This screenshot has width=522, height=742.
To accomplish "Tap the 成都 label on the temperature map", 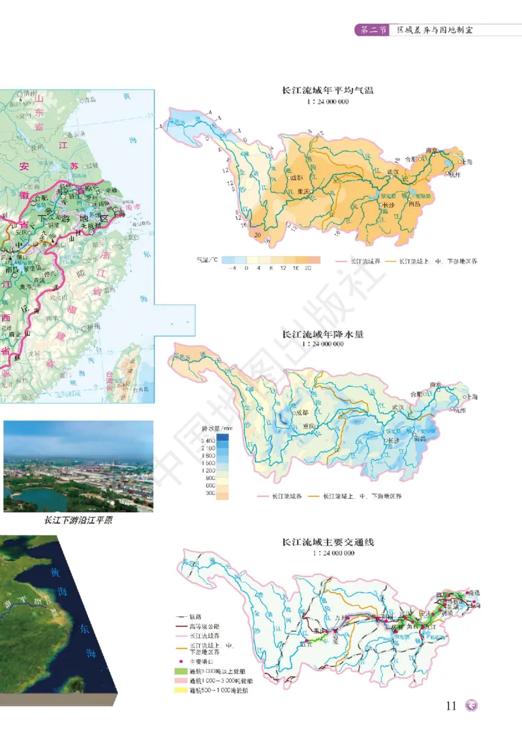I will (297, 177).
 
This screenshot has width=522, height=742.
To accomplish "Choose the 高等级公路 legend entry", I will (202, 625).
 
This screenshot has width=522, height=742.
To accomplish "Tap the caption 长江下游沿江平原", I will (78, 520).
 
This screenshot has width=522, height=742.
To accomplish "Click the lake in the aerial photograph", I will (36, 499).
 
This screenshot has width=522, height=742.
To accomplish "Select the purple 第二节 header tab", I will (373, 30).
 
